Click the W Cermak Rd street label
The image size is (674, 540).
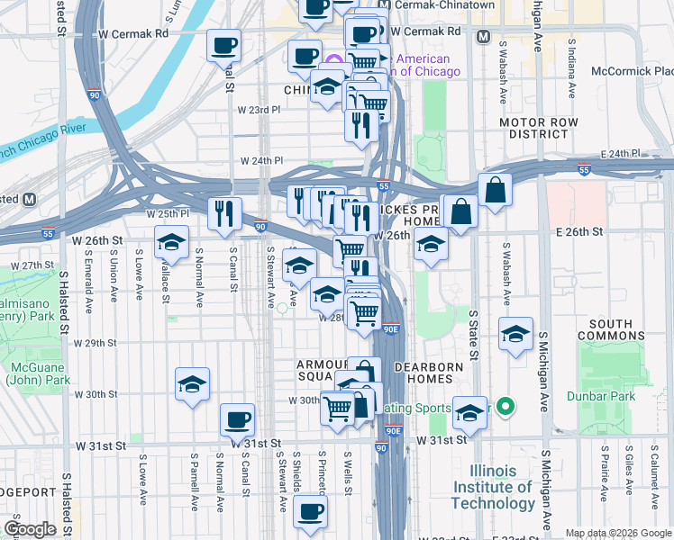134,32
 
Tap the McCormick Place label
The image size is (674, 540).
632,70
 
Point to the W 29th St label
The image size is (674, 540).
96,343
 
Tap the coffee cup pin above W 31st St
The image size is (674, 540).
238,418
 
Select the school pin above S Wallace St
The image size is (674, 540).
171,241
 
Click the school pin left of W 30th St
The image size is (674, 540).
193,383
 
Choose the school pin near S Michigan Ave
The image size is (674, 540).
516,335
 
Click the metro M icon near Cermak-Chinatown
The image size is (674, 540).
484,37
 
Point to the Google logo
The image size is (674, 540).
30,529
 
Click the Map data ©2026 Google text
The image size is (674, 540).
618,533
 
